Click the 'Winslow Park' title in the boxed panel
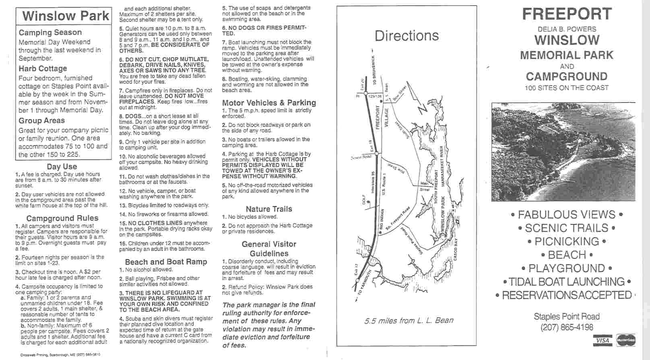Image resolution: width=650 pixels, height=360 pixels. [66, 16]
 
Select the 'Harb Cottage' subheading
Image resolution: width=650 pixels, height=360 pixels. [43, 68]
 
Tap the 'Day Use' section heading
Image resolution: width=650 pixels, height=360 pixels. [62, 167]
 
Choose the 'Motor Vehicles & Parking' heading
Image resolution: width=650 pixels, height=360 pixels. [269, 103]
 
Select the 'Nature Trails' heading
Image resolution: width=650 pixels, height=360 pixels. [269, 209]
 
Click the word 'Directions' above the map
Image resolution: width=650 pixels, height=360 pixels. [407, 36]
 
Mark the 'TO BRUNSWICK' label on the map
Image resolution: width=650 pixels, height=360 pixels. [374, 70]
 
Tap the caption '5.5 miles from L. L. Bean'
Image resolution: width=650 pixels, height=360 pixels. [409, 321]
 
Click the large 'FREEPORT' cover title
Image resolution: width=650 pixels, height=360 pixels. [567, 14]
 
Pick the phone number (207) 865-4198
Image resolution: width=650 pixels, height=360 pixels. [567, 327]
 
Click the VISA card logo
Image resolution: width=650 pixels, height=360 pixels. [603, 341]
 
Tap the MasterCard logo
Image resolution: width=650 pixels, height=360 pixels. [625, 341]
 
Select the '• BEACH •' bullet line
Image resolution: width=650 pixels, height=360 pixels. [567, 255]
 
